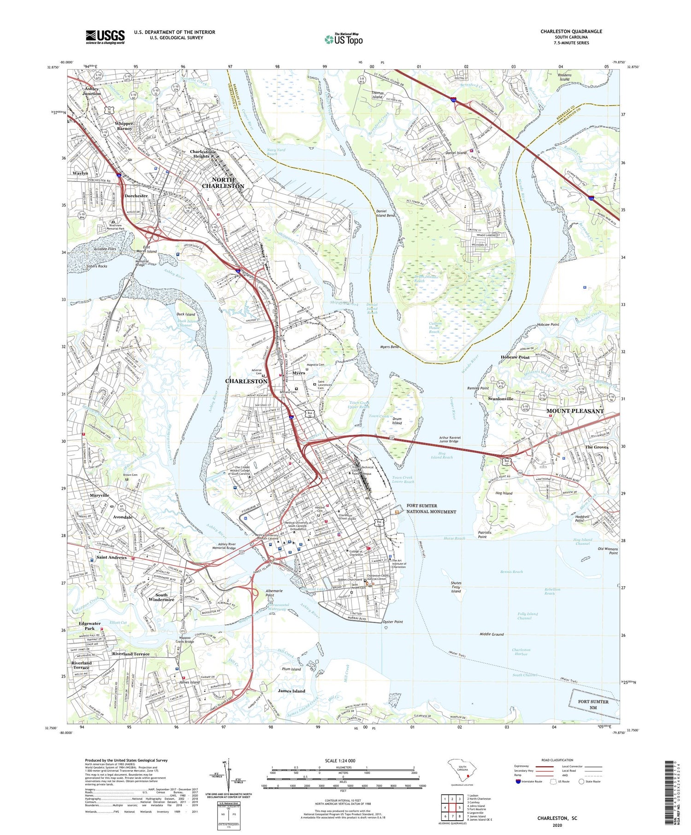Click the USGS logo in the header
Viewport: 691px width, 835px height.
click(105, 37)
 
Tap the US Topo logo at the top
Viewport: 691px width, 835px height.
click(344, 40)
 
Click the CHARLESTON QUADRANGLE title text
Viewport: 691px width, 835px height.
click(571, 31)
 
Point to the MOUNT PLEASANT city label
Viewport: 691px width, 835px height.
click(574, 411)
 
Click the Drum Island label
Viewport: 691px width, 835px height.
click(397, 420)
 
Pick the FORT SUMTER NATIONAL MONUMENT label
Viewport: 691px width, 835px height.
click(431, 508)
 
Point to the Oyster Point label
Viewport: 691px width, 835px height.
click(392, 622)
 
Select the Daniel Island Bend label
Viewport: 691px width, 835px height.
click(385, 213)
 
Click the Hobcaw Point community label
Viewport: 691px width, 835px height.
click(515, 357)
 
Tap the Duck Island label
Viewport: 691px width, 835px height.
click(186, 314)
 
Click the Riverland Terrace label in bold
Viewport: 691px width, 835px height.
click(131, 654)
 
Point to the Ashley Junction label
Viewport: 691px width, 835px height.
click(91, 91)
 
